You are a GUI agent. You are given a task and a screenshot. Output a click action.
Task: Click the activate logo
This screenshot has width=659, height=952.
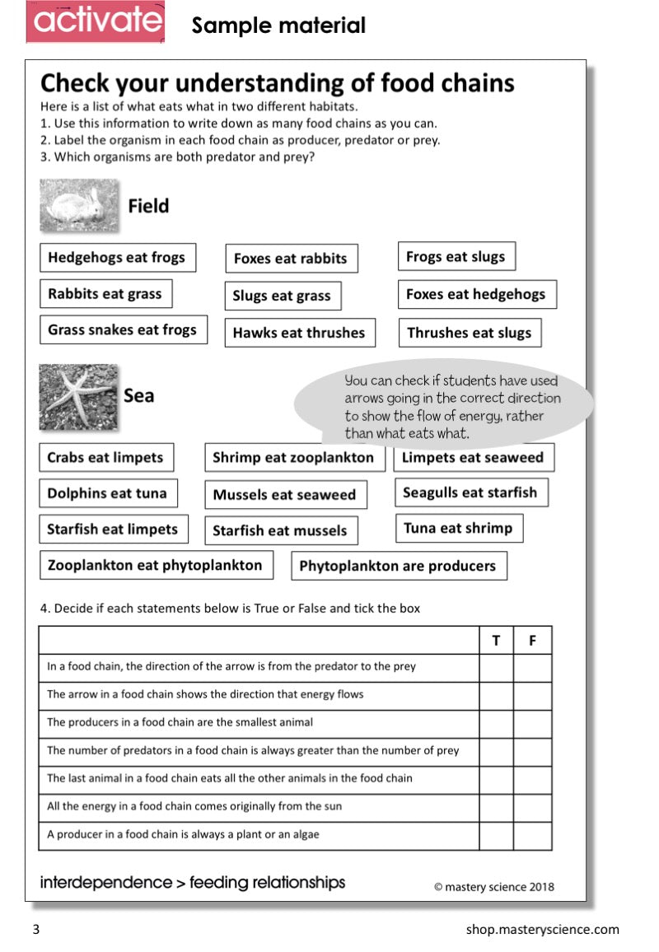[x=96, y=22]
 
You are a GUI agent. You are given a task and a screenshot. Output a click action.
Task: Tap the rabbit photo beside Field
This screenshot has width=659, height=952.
[x=79, y=205]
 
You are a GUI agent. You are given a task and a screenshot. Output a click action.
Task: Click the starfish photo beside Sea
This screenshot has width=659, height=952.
[x=78, y=397]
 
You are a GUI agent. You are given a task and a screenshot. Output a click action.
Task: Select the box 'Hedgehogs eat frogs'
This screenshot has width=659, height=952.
[x=117, y=258]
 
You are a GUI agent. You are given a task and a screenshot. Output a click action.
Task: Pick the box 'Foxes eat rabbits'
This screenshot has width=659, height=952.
[x=291, y=259]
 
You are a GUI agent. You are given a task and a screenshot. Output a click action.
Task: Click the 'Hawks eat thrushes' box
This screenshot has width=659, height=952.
[x=299, y=333]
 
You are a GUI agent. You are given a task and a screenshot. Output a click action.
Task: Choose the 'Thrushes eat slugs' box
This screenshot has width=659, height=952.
[x=470, y=333]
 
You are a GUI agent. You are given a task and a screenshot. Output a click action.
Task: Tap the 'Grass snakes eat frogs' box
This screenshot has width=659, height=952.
[x=123, y=329]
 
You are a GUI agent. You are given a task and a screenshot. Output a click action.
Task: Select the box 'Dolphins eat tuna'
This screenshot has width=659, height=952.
[x=107, y=493]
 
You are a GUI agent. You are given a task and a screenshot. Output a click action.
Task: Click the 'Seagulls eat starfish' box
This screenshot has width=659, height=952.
[x=470, y=492]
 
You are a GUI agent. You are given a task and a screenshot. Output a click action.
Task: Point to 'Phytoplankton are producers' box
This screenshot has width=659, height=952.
[x=398, y=566]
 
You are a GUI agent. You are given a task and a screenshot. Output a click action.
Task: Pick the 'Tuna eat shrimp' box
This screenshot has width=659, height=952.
[x=458, y=529]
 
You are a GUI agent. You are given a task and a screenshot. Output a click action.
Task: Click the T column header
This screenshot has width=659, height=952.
[x=496, y=640]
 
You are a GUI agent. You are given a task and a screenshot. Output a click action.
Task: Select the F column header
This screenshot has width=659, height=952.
[x=532, y=640]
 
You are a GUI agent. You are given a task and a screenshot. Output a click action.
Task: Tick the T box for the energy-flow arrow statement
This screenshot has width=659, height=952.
[x=496, y=695]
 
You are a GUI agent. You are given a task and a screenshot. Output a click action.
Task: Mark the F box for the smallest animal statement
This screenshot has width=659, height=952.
[x=532, y=723]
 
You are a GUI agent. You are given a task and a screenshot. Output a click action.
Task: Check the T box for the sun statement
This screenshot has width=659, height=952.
[x=496, y=807]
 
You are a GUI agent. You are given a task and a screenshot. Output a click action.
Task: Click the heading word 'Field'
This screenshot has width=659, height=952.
[x=148, y=206]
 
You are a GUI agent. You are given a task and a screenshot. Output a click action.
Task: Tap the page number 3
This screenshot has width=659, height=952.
[x=35, y=930]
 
